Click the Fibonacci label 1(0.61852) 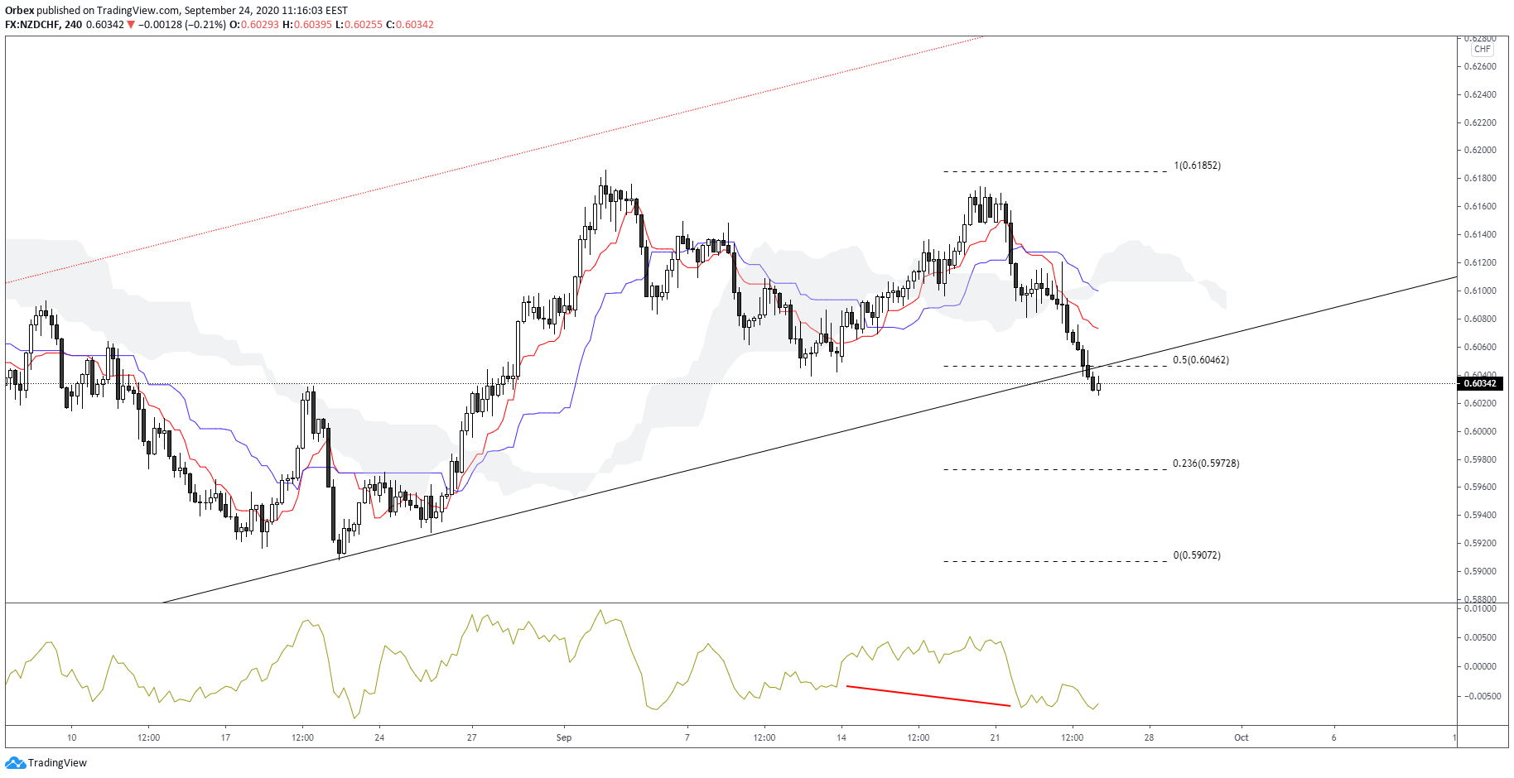coord(1197,166)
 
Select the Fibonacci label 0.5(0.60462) coord(1200,360)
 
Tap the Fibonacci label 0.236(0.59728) coord(1206,463)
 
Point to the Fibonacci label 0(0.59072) coord(1197,555)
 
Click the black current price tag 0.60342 coord(1480,383)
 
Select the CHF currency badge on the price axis coord(1482,50)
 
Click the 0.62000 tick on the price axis coord(1480,151)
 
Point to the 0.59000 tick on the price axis coord(1480,571)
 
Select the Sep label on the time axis coord(564,737)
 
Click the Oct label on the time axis coord(1241,737)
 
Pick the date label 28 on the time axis coord(1149,737)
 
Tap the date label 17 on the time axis coord(225,737)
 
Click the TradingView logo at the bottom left coord(46,763)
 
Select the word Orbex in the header coord(20,11)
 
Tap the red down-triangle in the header coord(131,25)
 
